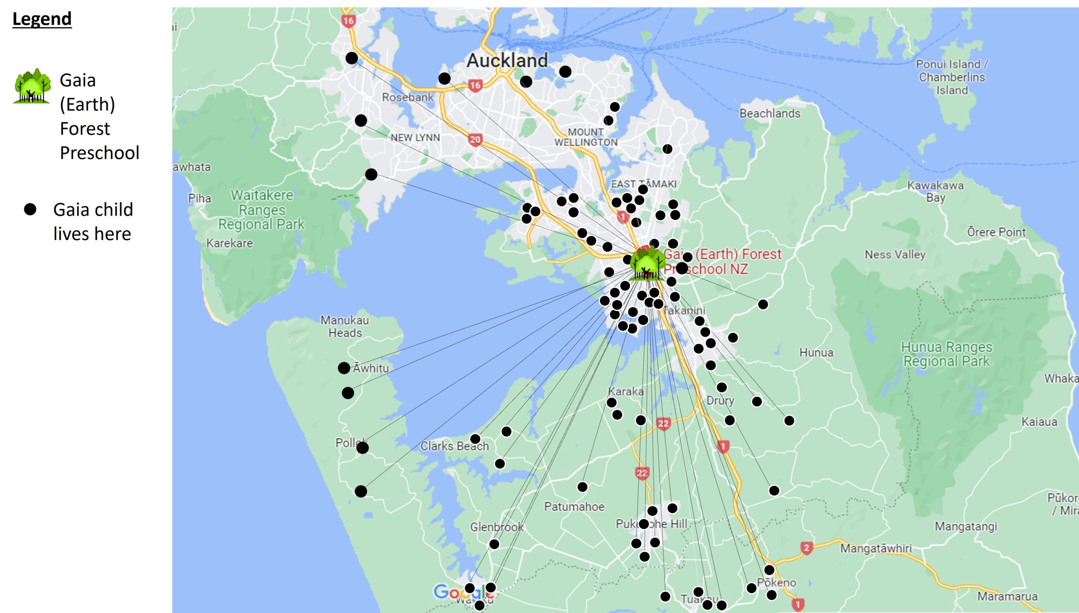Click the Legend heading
point(42,19)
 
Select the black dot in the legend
point(30,209)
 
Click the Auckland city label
point(507,60)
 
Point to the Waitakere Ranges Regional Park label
point(261,210)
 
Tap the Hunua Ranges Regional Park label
point(947,354)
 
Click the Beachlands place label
point(770,113)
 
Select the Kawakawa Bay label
point(935,191)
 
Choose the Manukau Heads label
point(345,326)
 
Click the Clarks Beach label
point(454,446)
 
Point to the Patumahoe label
point(574,506)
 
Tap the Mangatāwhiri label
point(876,548)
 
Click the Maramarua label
point(1007,596)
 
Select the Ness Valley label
point(895,254)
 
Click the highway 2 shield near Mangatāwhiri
point(806,548)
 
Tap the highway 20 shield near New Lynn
point(475,139)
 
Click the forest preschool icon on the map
point(647,263)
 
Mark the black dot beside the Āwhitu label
point(344,368)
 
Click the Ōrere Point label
point(996,232)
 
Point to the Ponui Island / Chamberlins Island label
point(952,77)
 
